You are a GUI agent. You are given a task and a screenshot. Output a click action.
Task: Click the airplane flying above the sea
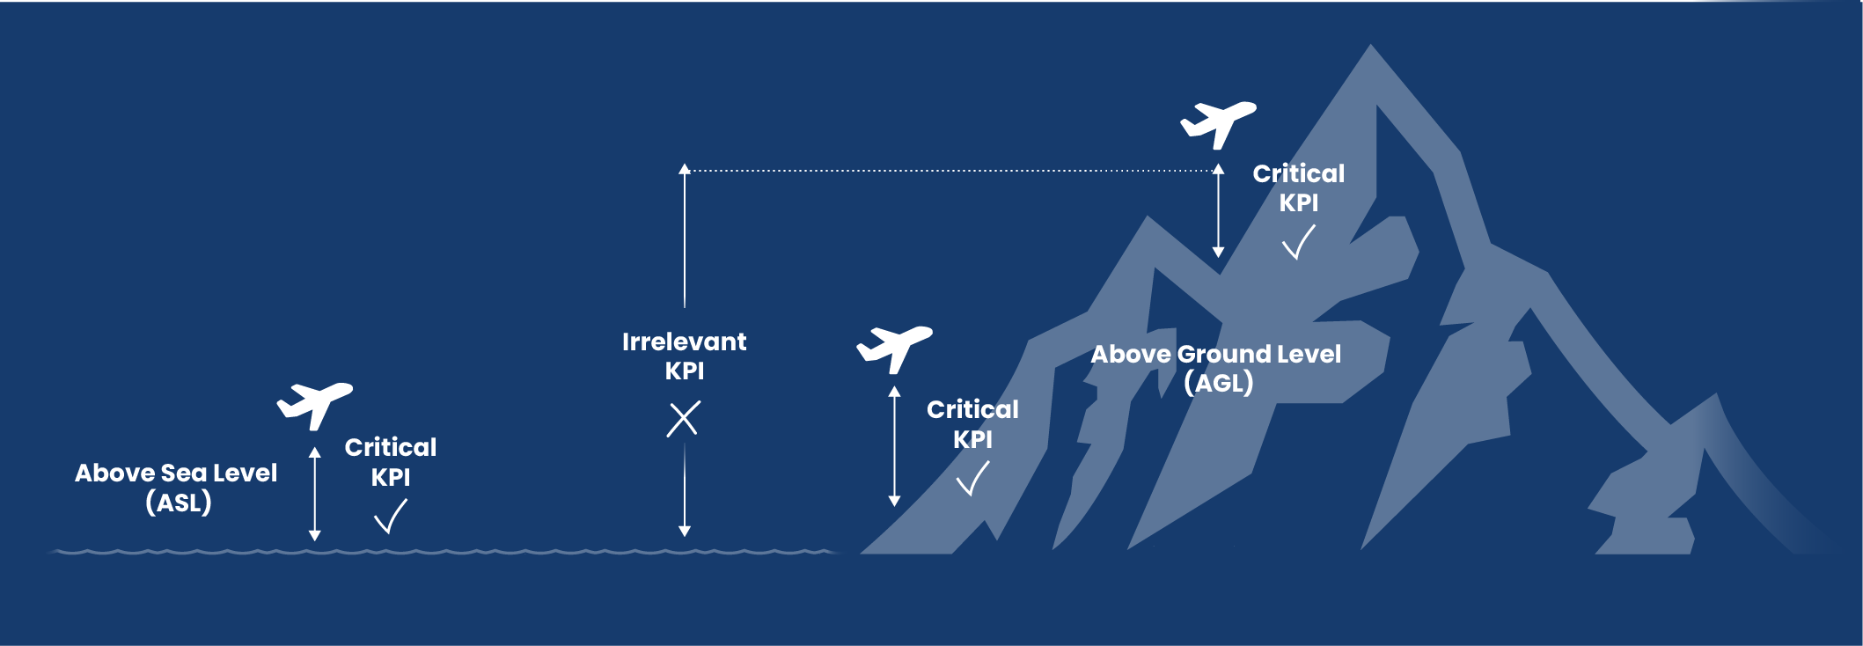click(x=314, y=403)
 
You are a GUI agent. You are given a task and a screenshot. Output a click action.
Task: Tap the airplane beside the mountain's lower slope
click(x=894, y=348)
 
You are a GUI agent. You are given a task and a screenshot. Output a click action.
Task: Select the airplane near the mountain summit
click(x=1218, y=123)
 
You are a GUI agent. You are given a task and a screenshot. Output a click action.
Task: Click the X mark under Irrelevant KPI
click(x=684, y=419)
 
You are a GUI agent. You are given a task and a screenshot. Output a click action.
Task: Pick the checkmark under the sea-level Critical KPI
click(x=391, y=517)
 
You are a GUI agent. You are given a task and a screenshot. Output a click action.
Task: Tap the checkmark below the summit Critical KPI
click(x=1298, y=242)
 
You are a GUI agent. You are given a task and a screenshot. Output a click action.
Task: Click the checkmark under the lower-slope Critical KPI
click(x=972, y=479)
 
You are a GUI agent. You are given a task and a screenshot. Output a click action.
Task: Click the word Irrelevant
click(x=684, y=341)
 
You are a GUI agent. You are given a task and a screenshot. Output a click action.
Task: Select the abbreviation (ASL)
click(x=179, y=503)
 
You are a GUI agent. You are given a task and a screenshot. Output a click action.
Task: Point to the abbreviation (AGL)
click(x=1219, y=383)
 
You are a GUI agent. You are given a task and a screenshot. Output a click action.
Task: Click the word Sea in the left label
click(x=183, y=473)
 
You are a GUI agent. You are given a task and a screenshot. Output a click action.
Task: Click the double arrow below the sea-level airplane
click(x=314, y=494)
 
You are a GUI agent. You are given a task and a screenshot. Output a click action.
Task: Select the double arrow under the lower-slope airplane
click(x=894, y=446)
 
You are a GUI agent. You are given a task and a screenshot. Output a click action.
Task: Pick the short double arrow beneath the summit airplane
click(x=1218, y=210)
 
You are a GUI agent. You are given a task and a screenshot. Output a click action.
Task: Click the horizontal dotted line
click(x=951, y=171)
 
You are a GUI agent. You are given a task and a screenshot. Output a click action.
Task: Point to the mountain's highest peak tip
click(x=1370, y=45)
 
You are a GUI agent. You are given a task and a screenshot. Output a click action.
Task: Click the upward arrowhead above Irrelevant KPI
click(x=684, y=168)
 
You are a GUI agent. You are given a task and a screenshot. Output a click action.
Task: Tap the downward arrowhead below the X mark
click(x=684, y=532)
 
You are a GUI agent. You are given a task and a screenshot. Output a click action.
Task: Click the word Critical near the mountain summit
click(x=1298, y=173)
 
